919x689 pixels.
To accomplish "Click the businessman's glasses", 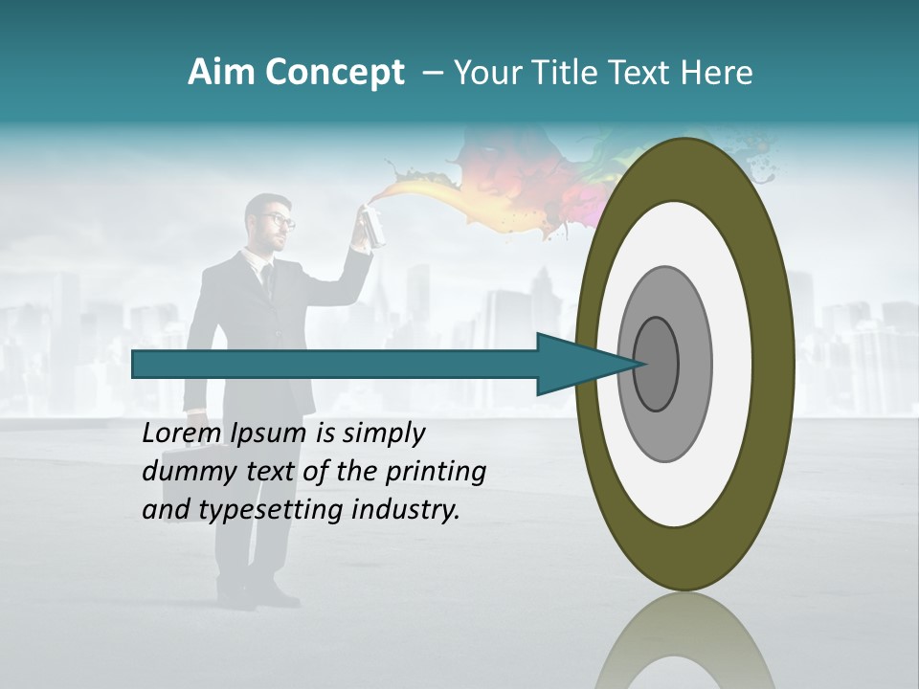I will click(x=279, y=220).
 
